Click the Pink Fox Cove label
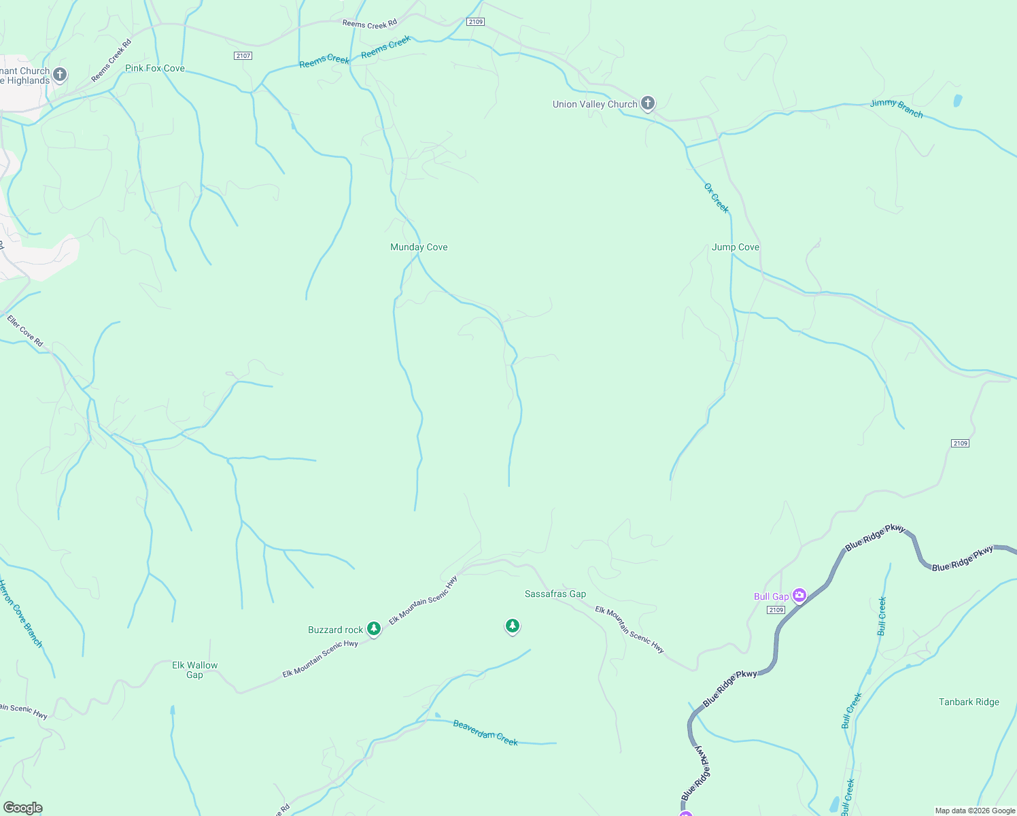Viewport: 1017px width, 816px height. click(x=155, y=69)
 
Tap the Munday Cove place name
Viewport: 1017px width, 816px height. click(x=419, y=248)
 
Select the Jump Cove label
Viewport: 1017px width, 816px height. click(x=735, y=248)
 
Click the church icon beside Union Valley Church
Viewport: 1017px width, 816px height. click(x=648, y=103)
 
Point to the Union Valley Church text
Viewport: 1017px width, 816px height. click(x=595, y=105)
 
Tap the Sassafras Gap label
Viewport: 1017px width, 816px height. click(x=555, y=594)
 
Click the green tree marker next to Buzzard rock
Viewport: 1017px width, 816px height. click(x=374, y=629)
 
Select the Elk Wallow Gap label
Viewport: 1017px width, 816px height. click(x=194, y=670)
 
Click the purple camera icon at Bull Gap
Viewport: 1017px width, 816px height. click(x=799, y=596)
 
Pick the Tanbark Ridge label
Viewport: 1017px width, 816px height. click(x=969, y=702)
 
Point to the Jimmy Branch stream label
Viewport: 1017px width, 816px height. click(x=896, y=109)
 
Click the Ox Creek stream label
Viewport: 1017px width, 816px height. click(x=716, y=198)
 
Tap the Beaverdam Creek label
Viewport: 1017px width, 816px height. click(x=485, y=733)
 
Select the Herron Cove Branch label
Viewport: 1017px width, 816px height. click(x=20, y=613)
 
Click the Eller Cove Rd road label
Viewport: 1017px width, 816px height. click(x=25, y=330)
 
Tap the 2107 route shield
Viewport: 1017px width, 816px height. click(x=243, y=56)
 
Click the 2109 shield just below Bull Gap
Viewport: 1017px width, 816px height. click(x=776, y=610)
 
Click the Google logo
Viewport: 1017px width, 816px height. click(x=22, y=808)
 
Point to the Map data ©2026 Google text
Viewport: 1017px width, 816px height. click(x=975, y=811)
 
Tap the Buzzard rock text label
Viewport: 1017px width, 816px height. click(x=335, y=630)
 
